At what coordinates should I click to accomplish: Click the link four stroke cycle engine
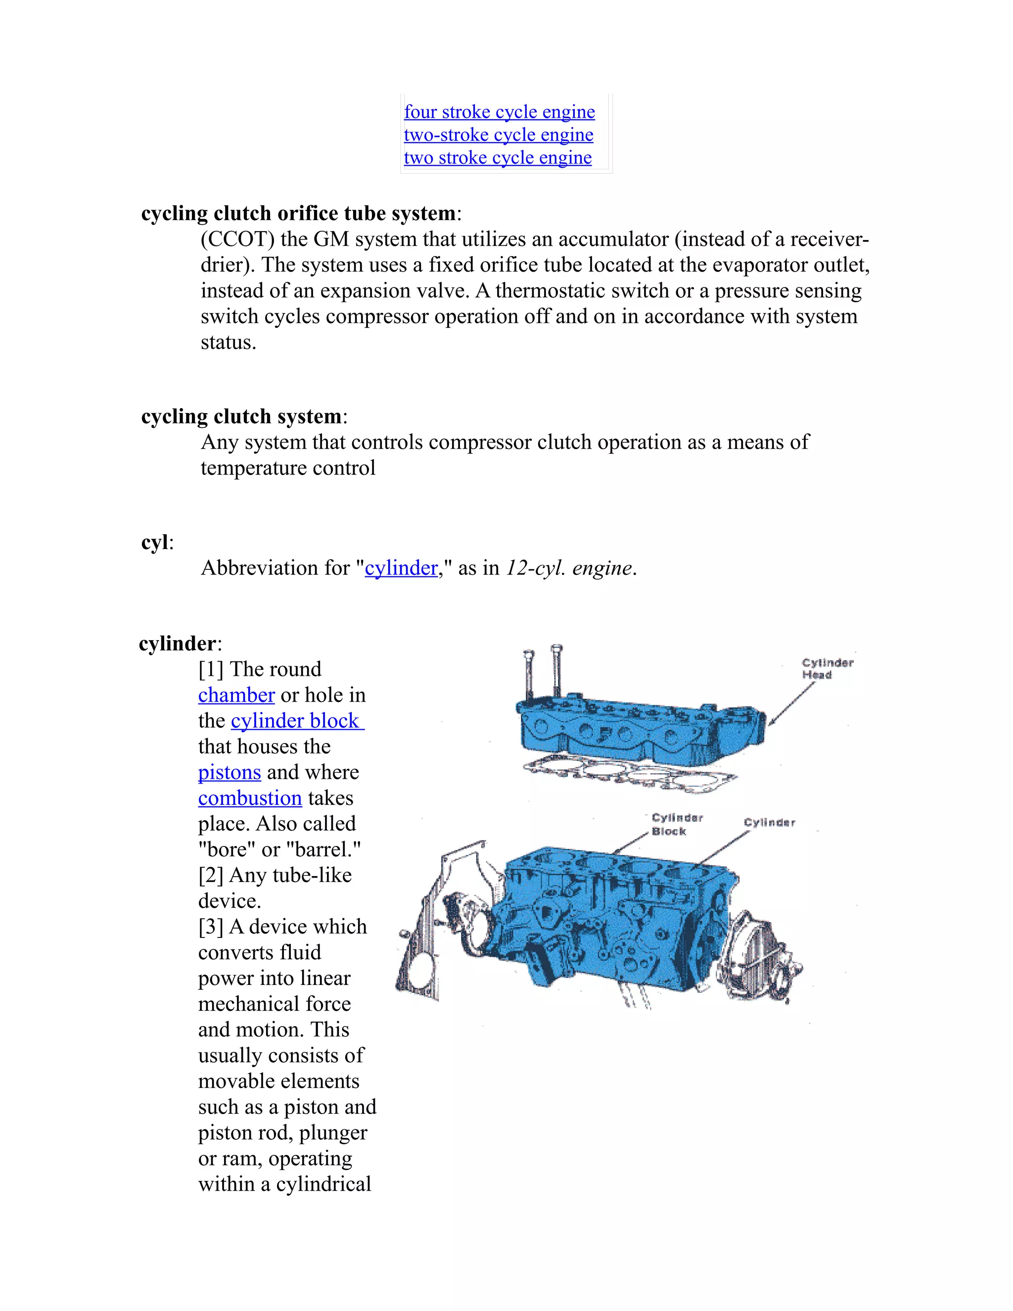499,112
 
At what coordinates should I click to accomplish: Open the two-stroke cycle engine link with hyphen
498,135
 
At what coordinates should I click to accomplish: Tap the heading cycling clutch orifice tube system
298,214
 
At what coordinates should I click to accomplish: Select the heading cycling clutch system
241,417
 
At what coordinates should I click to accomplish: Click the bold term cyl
154,543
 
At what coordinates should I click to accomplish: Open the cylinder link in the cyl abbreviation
401,568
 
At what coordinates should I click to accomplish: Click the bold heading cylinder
177,644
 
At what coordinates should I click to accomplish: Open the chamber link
236,695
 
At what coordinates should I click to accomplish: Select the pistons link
229,773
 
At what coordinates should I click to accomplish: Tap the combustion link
250,798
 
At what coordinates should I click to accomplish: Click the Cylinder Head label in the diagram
827,669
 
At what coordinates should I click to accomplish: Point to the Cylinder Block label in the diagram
676,824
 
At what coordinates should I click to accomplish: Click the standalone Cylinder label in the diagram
769,822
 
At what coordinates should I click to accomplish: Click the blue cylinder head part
636,726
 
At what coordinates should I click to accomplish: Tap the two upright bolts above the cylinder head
543,672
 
